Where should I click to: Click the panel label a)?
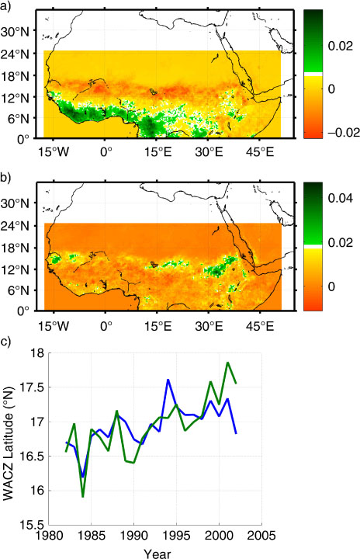[x=5, y=6]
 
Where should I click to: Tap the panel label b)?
[x=5, y=178]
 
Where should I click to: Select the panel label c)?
[x=5, y=342]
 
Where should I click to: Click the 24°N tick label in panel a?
[x=15, y=54]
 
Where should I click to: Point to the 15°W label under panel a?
[x=54, y=153]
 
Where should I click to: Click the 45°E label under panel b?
[x=260, y=326]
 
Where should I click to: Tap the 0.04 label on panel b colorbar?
[x=341, y=198]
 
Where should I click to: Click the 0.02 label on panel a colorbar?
[x=341, y=46]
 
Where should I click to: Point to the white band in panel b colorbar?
[x=313, y=247]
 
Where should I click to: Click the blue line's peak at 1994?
[x=168, y=380]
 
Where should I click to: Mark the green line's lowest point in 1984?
[x=83, y=496]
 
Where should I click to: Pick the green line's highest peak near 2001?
[x=227, y=363]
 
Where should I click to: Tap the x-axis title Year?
[x=157, y=554]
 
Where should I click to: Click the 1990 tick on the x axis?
[x=133, y=535]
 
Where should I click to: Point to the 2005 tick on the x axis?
[x=262, y=535]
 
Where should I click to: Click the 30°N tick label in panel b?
[x=15, y=204]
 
